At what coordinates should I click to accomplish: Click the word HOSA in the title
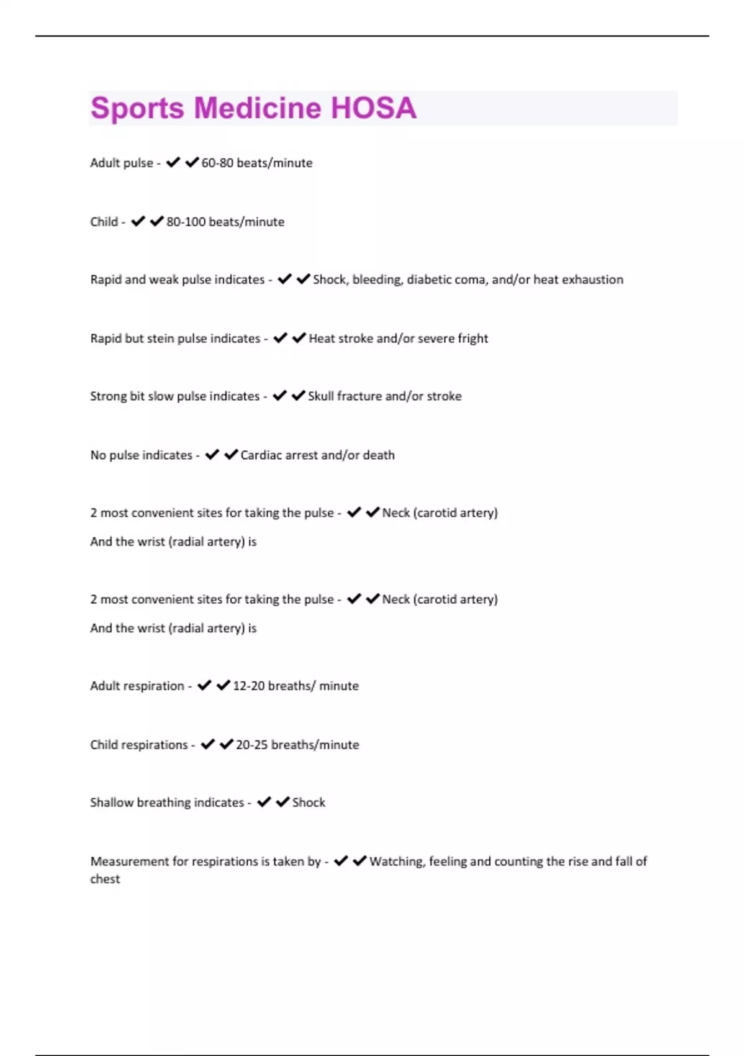click(x=373, y=108)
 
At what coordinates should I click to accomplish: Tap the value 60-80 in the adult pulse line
click(x=217, y=163)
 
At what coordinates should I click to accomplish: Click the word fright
click(x=472, y=339)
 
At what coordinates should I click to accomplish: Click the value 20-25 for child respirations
click(x=251, y=745)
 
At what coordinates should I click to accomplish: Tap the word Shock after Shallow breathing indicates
click(x=309, y=803)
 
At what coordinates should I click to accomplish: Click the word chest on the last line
click(x=105, y=880)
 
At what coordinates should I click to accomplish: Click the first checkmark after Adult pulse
click(x=173, y=162)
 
